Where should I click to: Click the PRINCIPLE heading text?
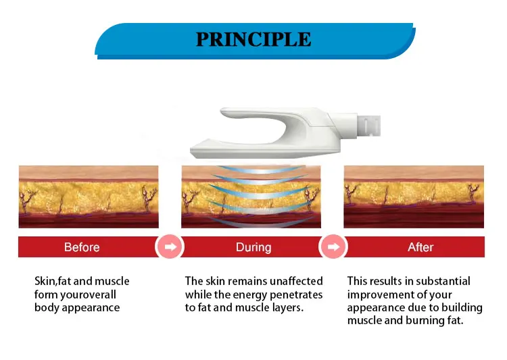pos(254,39)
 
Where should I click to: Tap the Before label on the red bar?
pos(82,247)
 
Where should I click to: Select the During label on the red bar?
pos(254,247)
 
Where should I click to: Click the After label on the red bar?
pos(420,247)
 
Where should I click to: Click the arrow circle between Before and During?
pos(170,247)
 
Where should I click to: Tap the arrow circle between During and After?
pos(333,247)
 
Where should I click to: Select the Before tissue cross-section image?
pos(89,197)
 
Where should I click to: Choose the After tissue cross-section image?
pos(414,197)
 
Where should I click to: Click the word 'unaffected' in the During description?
pos(296,281)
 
